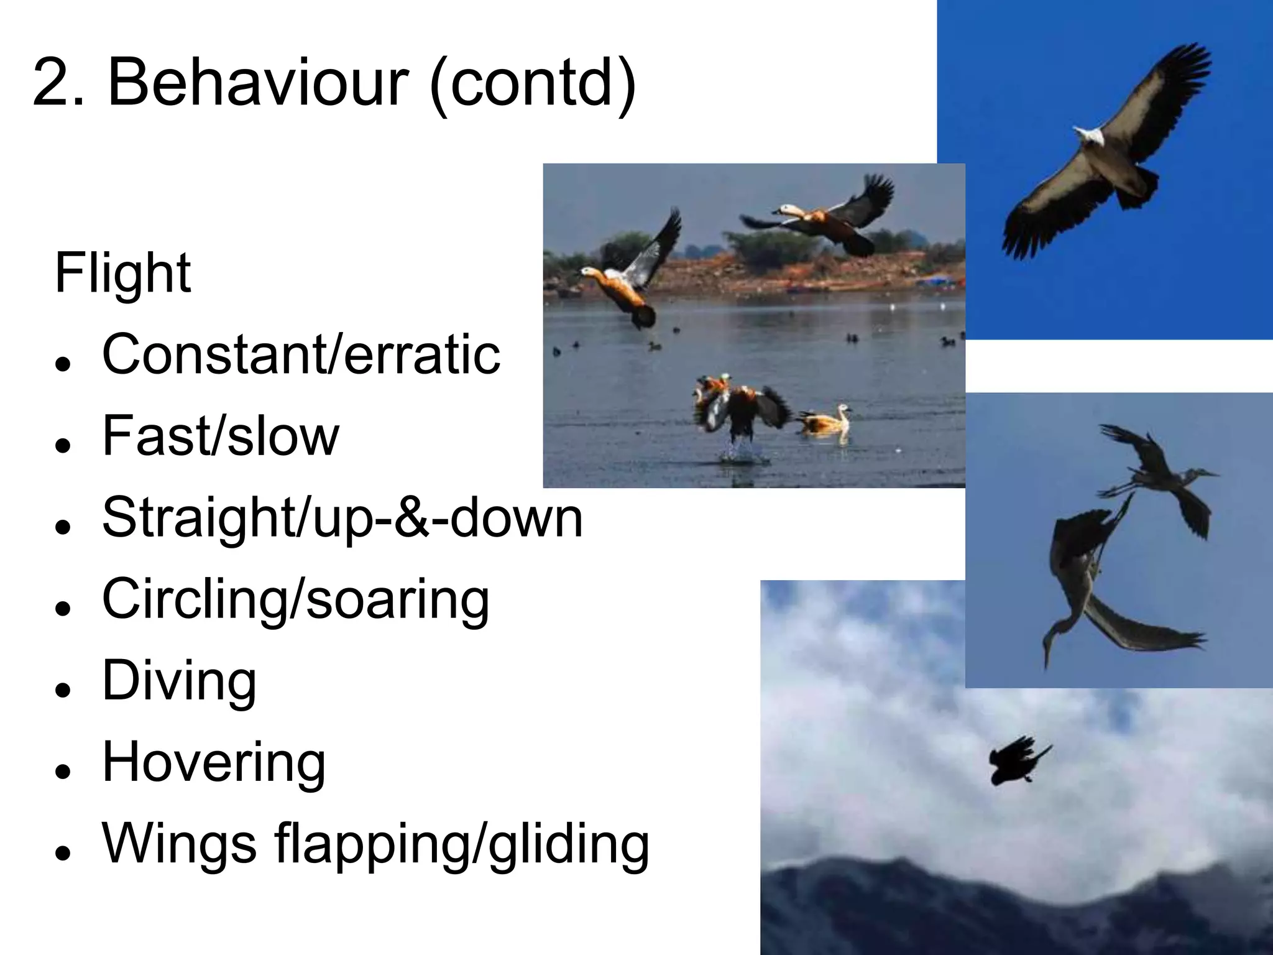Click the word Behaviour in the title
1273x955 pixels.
[257, 83]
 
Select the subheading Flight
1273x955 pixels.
[122, 274]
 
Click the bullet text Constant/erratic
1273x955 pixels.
[301, 354]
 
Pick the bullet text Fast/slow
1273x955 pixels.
[221, 436]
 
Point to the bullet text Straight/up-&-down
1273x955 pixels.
[342, 518]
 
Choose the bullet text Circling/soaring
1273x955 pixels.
[296, 599]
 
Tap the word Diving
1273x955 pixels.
[179, 681]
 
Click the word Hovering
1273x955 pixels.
[214, 762]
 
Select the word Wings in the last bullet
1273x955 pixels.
[179, 844]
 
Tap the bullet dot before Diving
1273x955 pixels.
[62, 690]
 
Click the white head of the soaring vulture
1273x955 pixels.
[1089, 135]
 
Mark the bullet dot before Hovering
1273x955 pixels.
[62, 772]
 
